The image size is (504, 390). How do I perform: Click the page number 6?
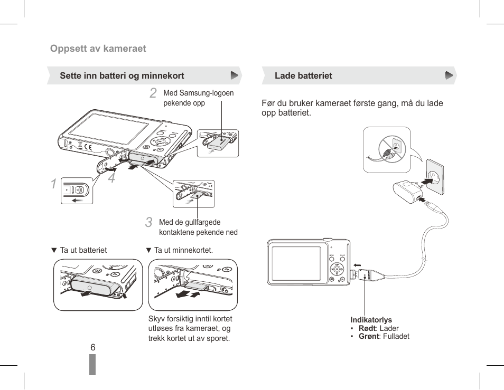coord(92,347)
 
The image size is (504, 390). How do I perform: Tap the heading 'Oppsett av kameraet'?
coord(98,49)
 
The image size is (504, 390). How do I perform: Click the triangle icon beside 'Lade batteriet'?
coord(449,75)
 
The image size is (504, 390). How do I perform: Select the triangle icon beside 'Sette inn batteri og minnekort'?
coord(235,75)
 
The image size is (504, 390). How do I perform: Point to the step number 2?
coord(153,93)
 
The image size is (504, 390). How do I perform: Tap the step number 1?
coord(54,184)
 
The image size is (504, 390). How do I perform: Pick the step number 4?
coord(111,178)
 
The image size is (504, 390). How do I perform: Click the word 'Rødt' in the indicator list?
coord(368,328)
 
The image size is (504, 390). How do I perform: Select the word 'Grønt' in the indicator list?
coord(369,336)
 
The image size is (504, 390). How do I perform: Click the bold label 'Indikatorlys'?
coord(371,320)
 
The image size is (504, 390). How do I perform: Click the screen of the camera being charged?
coord(296,263)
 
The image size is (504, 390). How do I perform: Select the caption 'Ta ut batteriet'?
coord(83,250)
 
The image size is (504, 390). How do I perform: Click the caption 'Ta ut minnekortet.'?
coord(183,250)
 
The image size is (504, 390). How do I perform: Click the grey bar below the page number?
coord(92,365)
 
